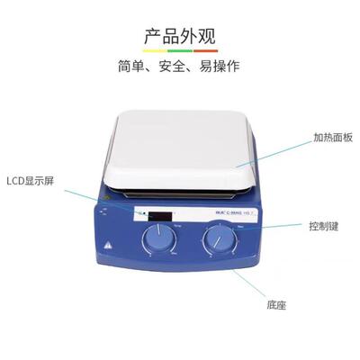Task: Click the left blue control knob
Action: point(159,240)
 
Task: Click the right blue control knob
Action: point(218,240)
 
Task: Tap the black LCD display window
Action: point(161,216)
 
